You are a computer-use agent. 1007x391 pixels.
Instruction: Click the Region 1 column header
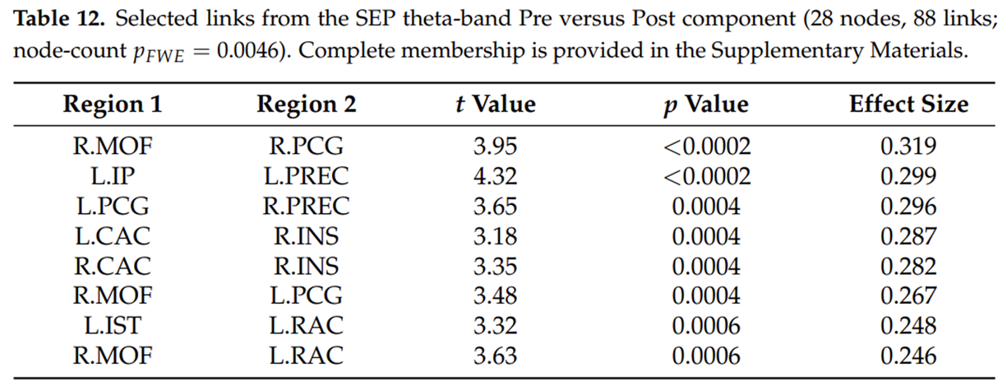click(113, 105)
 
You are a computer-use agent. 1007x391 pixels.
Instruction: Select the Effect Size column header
click(908, 105)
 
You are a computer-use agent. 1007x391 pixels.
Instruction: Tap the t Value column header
click(495, 105)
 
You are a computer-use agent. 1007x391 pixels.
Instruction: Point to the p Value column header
click(706, 105)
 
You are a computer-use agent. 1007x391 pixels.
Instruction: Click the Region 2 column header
click(306, 105)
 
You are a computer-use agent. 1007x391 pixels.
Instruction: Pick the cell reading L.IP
click(113, 176)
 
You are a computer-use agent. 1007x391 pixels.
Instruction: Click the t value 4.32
click(495, 176)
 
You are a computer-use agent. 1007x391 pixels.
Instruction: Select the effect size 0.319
click(908, 147)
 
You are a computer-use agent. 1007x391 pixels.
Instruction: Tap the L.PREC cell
click(306, 176)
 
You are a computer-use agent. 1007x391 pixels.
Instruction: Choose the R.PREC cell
click(306, 206)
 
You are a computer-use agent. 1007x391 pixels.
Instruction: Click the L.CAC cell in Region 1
click(113, 236)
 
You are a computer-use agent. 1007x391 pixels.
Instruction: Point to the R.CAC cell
click(113, 266)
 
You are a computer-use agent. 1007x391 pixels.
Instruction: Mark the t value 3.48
click(495, 296)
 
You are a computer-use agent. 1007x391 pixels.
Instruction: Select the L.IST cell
click(113, 325)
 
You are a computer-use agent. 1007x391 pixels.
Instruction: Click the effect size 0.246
click(908, 356)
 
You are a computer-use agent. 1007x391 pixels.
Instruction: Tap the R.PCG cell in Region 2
click(306, 147)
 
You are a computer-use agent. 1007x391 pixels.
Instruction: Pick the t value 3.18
click(495, 236)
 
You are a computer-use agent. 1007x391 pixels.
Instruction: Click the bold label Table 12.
click(59, 19)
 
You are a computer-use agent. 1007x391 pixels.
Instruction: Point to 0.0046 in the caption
click(247, 51)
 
